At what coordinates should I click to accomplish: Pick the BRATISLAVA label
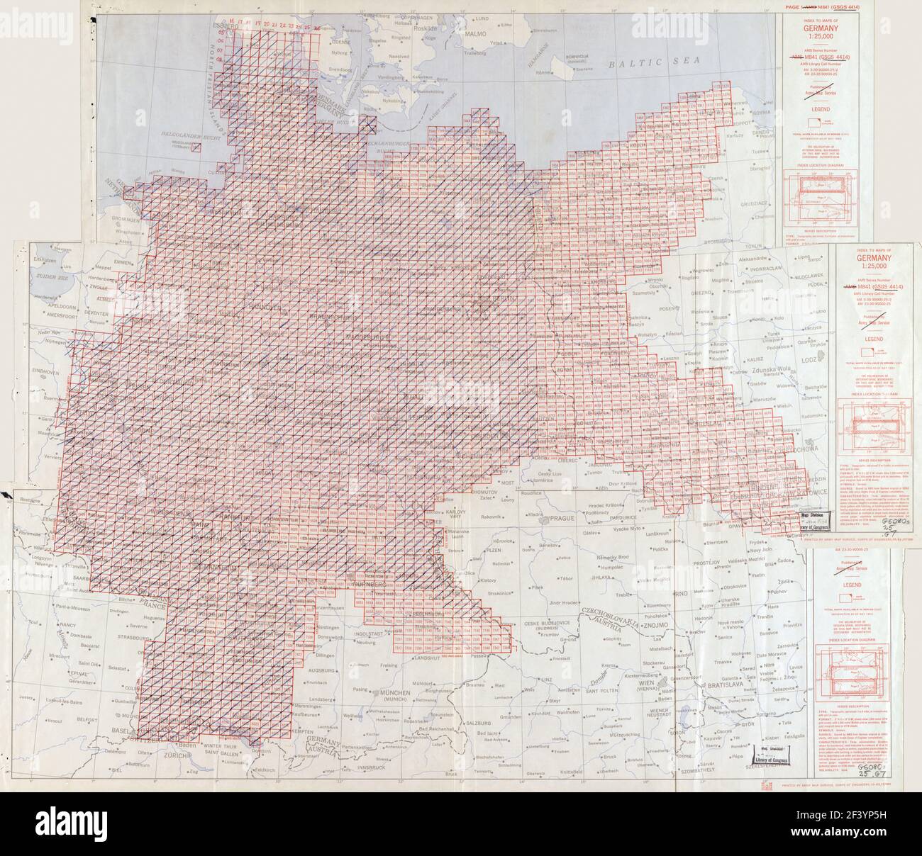pyautogui.click(x=720, y=686)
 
